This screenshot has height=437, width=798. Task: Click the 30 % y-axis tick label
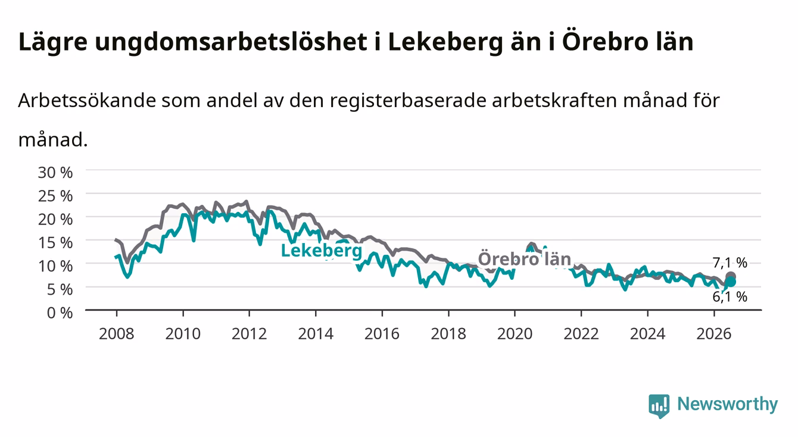[x=55, y=173]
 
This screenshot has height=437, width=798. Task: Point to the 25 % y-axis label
[x=55, y=196]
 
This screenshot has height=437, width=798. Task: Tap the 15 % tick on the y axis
[x=55, y=243]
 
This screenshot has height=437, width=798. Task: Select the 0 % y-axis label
[x=60, y=313]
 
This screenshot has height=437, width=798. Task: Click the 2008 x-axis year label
[x=117, y=334]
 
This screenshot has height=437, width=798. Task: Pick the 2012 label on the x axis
[x=250, y=334]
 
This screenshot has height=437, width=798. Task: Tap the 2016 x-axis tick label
[x=382, y=334]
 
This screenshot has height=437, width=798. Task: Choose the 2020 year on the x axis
[x=515, y=334]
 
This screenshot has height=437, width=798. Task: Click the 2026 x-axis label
[x=714, y=334]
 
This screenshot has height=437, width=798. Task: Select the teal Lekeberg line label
[x=322, y=251]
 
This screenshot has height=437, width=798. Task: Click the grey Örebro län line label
[x=525, y=258]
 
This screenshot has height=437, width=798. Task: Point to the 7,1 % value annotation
[x=730, y=263]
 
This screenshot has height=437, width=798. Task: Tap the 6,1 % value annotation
[x=730, y=296]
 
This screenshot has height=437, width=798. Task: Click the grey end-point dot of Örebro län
[x=731, y=277]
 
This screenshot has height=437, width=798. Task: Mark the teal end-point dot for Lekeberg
[x=731, y=282]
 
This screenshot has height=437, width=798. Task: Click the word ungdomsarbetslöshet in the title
[x=231, y=42]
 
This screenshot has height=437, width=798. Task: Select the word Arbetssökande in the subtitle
[x=87, y=101]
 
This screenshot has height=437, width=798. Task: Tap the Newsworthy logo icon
[x=659, y=406]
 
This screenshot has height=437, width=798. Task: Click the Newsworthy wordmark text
[x=728, y=404]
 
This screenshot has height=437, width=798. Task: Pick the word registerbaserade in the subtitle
[x=408, y=101]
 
